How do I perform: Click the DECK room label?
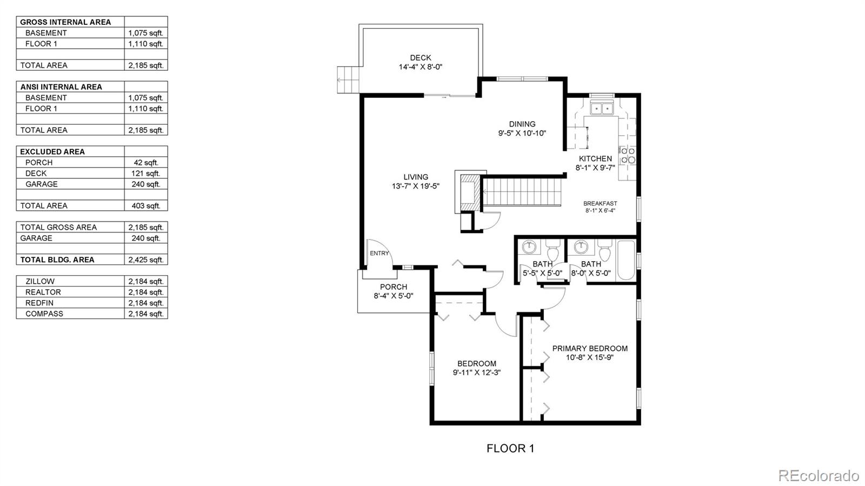(420, 58)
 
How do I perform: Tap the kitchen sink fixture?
(601, 109)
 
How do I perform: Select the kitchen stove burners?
(627, 155)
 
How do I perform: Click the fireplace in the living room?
(467, 192)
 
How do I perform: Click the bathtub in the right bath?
(626, 261)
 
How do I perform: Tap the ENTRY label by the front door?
(379, 253)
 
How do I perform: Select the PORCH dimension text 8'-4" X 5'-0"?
(393, 296)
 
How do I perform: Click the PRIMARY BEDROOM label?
(590, 349)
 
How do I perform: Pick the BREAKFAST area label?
(600, 204)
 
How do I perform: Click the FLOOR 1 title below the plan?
(510, 448)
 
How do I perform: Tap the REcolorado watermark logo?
(818, 476)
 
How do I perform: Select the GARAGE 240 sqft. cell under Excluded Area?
(146, 184)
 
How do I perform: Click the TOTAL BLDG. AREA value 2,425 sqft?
(146, 260)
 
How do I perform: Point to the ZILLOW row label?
(40, 282)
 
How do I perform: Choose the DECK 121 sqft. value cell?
(146, 174)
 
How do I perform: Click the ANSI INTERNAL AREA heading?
(61, 87)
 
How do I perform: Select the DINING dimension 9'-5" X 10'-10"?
(522, 133)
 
